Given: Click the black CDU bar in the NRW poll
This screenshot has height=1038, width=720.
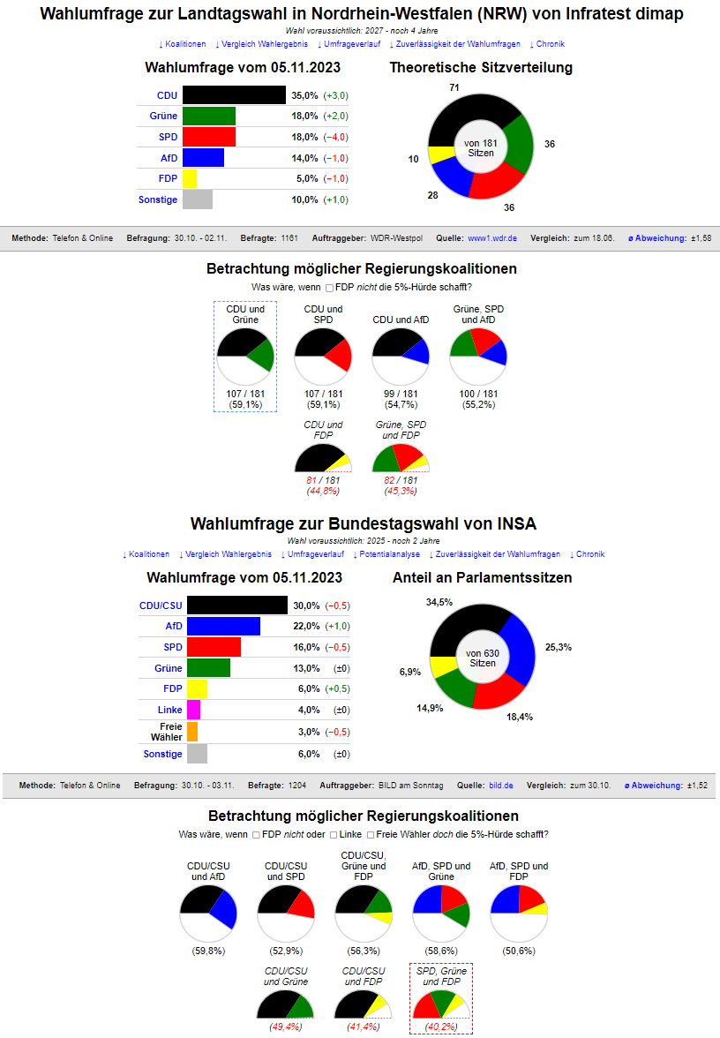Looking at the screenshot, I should coord(234,95).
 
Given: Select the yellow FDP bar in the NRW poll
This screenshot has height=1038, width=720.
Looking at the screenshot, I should coord(190,178).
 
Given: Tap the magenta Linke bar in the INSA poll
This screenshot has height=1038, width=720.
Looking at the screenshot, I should coord(193,710).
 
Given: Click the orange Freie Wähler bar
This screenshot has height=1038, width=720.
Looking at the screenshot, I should coord(192,732).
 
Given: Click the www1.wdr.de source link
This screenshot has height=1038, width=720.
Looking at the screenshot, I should coord(492,238).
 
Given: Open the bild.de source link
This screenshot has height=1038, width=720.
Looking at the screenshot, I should coord(501,785).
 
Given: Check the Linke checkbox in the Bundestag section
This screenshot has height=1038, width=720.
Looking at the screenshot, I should coord(334,834).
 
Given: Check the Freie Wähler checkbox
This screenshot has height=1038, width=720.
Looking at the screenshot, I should coord(370,834).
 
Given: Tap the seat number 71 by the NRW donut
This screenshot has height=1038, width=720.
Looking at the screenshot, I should coord(454,87).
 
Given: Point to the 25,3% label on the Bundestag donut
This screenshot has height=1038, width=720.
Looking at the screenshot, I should coord(559,647).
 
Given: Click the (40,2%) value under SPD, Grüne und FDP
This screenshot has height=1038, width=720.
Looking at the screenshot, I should coord(441,1027).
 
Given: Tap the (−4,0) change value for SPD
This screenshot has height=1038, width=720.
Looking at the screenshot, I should coord(336,137).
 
